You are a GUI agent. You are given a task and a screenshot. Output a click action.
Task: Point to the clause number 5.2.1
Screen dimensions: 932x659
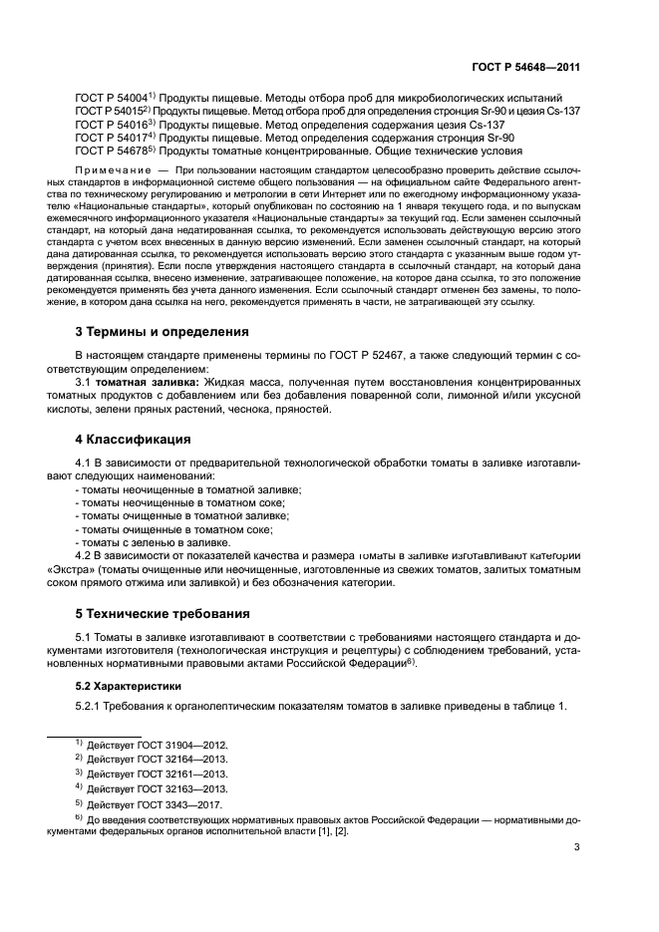pos(91,707)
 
